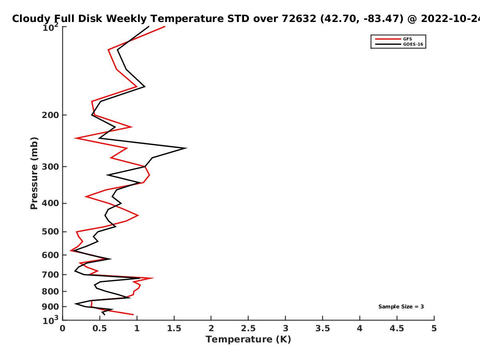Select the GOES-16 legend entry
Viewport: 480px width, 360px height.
(x=399, y=44)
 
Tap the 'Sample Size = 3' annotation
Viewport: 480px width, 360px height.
(x=401, y=307)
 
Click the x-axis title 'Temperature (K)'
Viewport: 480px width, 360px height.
(x=248, y=340)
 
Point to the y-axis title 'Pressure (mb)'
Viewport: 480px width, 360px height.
(x=34, y=173)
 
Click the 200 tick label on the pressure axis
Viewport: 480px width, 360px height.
(x=50, y=115)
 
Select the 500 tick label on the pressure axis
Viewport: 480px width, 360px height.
(x=50, y=232)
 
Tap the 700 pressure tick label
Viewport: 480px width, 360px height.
(x=50, y=274)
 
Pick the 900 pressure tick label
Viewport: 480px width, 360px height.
(x=50, y=307)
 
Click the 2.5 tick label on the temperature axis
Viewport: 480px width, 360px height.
(x=248, y=328)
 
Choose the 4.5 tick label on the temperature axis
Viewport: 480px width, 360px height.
(x=397, y=328)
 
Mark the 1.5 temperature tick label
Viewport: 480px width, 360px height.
(x=174, y=328)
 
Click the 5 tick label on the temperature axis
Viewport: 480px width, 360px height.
(x=434, y=328)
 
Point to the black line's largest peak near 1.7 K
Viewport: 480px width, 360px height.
(x=186, y=148)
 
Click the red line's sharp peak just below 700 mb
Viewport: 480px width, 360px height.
(x=153, y=278)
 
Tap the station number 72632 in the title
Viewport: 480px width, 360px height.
(x=299, y=18)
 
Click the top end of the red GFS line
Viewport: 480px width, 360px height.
(x=165, y=26)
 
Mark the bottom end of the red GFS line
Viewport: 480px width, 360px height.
(x=133, y=314)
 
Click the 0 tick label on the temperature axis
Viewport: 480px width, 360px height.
(x=62, y=328)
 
